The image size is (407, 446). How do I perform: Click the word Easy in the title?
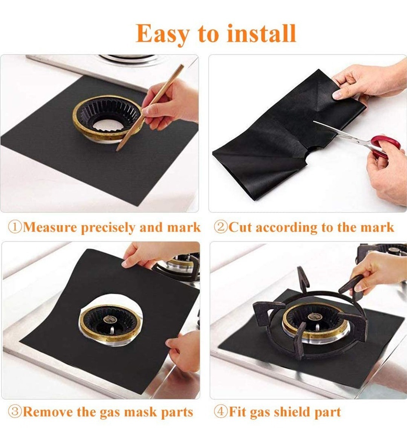pos(162,34)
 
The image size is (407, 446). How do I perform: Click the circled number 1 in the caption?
pos(15,227)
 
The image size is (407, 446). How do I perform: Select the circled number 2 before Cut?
pos(220,227)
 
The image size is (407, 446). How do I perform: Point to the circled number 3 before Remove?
pos(15,412)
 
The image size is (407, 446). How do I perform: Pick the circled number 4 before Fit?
pos(220,412)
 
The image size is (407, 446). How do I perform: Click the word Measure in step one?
pos(50,228)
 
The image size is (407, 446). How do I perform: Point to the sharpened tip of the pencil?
pos(117,150)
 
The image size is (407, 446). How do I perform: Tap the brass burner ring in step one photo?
pos(107,118)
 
